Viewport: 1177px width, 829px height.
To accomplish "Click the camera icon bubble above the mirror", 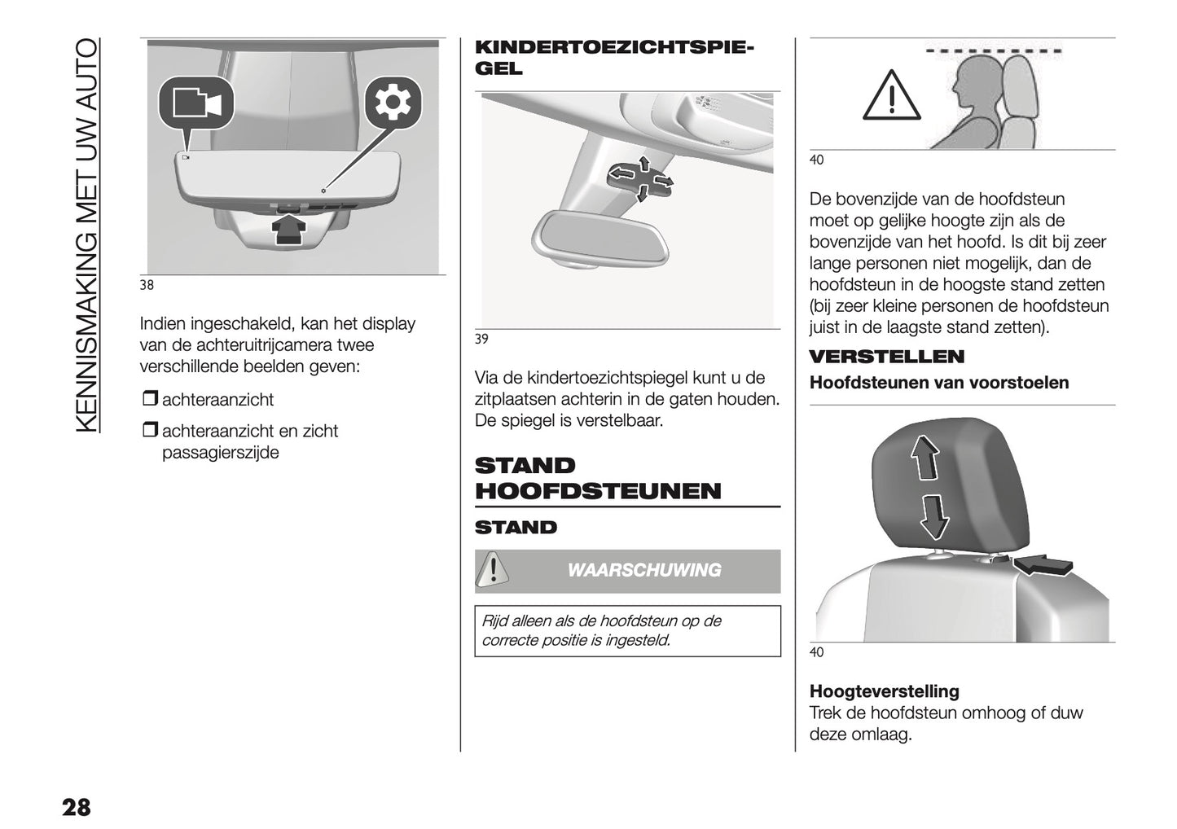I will (196, 103).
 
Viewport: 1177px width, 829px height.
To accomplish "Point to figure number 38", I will (147, 286).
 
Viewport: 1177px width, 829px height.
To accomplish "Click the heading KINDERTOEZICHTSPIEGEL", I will (614, 58).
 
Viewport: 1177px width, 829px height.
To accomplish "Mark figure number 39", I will (481, 340).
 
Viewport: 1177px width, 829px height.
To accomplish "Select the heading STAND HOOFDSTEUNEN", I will (597, 478).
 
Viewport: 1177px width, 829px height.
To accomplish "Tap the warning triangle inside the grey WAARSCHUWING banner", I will (492, 569).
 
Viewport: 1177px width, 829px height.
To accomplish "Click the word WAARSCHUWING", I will (643, 570).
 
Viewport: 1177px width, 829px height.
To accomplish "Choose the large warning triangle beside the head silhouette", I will (892, 96).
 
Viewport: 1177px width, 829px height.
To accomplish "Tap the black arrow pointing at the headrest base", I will (1043, 564).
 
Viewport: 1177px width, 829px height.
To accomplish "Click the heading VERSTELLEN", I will (886, 357).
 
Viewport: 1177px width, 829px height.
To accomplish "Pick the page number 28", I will (76, 807).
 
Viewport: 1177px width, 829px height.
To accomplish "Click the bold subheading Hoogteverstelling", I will (884, 691).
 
